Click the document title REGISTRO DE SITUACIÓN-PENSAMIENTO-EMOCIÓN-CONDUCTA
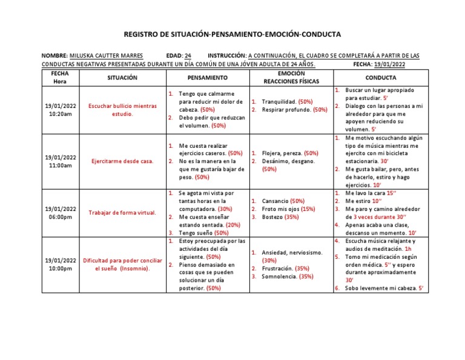pos(232,35)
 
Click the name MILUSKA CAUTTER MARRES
pos(107,55)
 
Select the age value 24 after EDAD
pos(188,55)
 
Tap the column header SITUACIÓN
pos(122,78)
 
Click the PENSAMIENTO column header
pos(207,78)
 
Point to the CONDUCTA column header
pos(381,78)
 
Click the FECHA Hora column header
pos(60,77)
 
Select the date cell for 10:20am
pos(60,110)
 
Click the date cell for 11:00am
pos(60,161)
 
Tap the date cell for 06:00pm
pos(60,213)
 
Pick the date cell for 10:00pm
pos(60,264)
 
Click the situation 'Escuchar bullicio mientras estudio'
pos(122,110)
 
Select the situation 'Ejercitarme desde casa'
pos(122,161)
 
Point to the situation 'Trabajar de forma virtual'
pos(122,213)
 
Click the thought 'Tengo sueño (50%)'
pos(203,233)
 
